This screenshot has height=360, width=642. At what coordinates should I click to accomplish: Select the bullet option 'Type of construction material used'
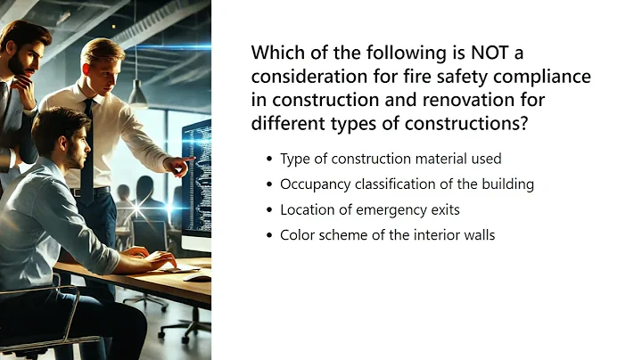pos(391,159)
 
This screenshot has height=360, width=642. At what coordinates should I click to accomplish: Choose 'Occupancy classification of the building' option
pos(407,184)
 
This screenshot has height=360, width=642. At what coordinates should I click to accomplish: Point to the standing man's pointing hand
pos(181,166)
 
